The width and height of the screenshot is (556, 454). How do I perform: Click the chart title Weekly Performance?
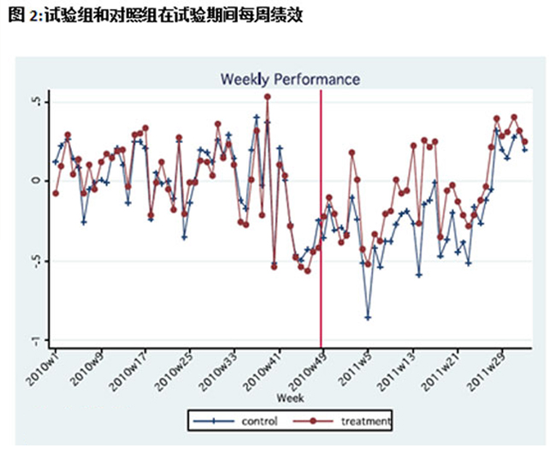(x=290, y=79)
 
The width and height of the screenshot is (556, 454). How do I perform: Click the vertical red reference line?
(x=321, y=257)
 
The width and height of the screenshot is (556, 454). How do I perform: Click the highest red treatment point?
(x=268, y=97)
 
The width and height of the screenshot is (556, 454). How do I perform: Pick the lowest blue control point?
(x=369, y=318)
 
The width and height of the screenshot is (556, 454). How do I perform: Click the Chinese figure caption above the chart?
(x=153, y=15)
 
